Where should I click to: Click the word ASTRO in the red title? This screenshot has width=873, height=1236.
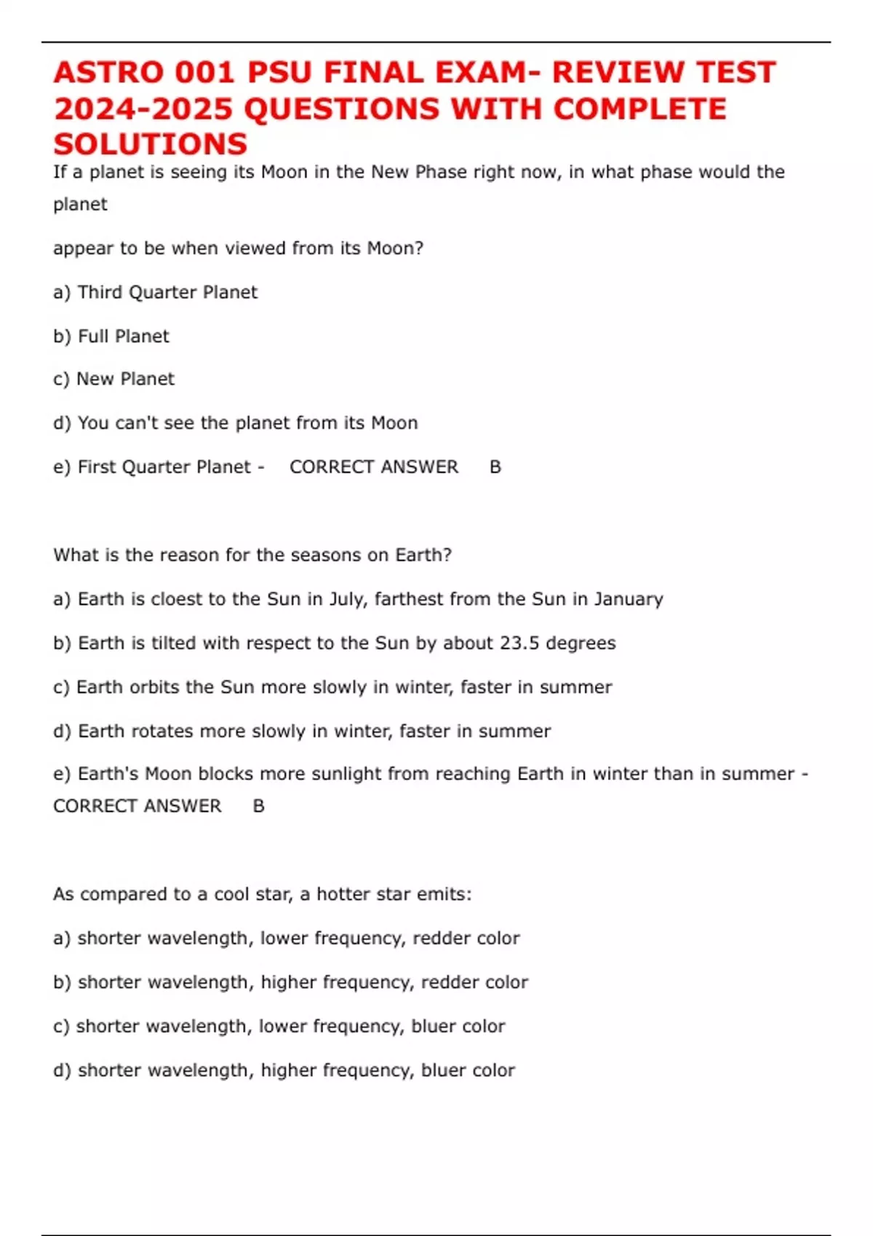(108, 73)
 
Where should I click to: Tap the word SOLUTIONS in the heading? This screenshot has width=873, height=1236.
(151, 144)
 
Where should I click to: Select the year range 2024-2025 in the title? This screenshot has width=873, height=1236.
(143, 109)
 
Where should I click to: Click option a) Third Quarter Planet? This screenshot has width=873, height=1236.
(155, 292)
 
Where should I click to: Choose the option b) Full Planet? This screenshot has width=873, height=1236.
(111, 336)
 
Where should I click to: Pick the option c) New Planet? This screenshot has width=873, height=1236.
(113, 379)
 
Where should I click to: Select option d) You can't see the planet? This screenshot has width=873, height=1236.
(235, 422)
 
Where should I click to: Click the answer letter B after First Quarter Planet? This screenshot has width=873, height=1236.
(495, 467)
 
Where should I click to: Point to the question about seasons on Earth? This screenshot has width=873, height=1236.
(252, 555)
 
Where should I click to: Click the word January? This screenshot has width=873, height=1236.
(629, 599)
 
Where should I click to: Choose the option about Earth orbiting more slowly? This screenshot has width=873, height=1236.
(332, 687)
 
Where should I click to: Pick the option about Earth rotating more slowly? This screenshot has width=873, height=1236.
(302, 731)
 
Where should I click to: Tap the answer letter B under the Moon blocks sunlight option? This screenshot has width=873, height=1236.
(258, 806)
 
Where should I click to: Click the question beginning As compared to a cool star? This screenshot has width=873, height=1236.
(262, 894)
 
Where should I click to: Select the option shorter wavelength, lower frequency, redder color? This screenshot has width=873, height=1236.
(286, 938)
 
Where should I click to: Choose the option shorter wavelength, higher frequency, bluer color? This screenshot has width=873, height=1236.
(284, 1070)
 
